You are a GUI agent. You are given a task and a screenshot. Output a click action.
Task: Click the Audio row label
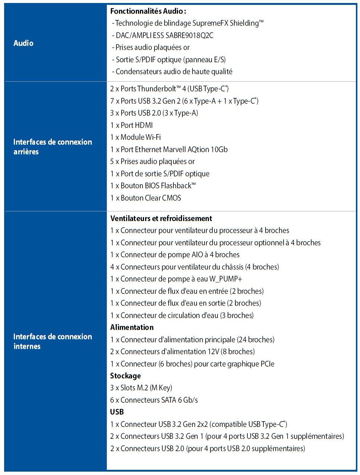pyautogui.click(x=24, y=43)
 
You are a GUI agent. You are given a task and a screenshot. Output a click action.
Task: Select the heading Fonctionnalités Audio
pyautogui.click(x=148, y=11)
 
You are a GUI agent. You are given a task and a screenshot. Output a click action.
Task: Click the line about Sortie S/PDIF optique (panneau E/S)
pyautogui.click(x=170, y=60)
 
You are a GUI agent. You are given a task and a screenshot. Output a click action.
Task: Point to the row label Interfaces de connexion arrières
pyautogui.click(x=53, y=147)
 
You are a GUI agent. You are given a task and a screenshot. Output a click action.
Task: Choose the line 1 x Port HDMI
pyautogui.click(x=131, y=125)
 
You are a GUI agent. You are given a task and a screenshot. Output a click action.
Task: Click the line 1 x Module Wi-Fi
pyautogui.click(x=135, y=137)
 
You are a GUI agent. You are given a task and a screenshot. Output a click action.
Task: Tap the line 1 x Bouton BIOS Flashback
pyautogui.click(x=153, y=186)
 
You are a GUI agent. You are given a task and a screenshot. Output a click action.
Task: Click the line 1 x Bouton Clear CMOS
pyautogui.click(x=145, y=198)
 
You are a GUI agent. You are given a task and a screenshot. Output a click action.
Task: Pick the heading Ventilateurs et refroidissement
pyautogui.click(x=161, y=218)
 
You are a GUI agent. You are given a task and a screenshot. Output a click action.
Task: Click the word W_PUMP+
pyautogui.click(x=226, y=279)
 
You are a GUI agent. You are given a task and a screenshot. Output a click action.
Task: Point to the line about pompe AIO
pyautogui.click(x=175, y=255)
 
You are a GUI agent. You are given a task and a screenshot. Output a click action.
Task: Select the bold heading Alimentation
pyautogui.click(x=132, y=327)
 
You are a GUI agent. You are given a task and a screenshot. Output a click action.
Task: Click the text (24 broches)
pyautogui.click(x=256, y=340)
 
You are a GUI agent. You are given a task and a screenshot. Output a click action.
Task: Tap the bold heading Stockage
pyautogui.click(x=125, y=376)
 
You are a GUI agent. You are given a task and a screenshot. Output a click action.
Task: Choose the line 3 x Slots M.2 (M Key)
pyautogui.click(x=141, y=388)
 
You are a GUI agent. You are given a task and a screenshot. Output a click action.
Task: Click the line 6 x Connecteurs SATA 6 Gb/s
pyautogui.click(x=154, y=400)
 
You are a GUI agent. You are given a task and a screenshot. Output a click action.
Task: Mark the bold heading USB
pyautogui.click(x=117, y=412)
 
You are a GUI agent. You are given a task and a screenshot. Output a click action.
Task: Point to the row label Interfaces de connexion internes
pyautogui.click(x=53, y=341)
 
